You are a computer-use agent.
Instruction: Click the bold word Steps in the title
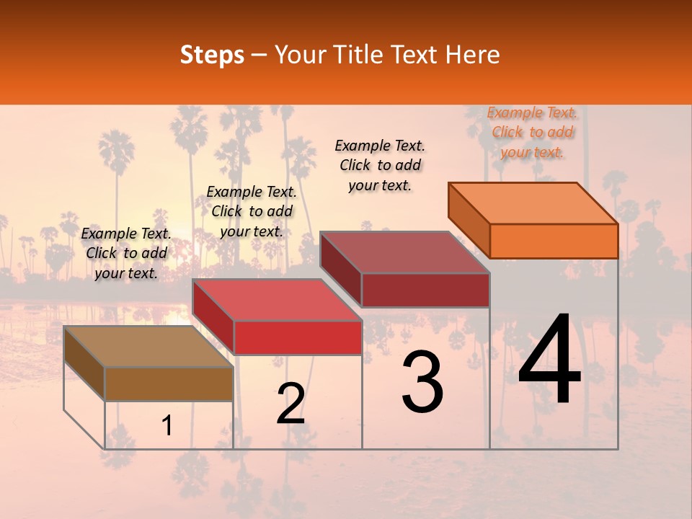coord(212,55)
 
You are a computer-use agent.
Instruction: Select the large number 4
coord(549,360)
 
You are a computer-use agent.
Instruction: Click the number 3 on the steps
coord(422,382)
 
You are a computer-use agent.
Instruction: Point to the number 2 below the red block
coord(290,404)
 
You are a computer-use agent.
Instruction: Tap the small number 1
coord(167,426)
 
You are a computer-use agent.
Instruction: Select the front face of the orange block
coord(554,241)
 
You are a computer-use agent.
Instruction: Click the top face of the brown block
coord(148,347)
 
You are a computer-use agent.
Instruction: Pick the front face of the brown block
coord(169,383)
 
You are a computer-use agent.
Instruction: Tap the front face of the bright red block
coord(297,337)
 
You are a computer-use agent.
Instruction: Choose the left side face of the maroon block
coord(340,270)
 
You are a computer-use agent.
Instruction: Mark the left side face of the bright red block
coord(213,317)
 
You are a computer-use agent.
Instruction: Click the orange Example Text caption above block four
coord(533,132)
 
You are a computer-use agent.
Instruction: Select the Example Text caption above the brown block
coord(126,253)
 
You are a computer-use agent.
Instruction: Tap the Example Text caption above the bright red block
coord(252,211)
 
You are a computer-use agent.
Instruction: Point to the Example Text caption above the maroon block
coord(380,165)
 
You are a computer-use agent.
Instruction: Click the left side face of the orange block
coord(469,221)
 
